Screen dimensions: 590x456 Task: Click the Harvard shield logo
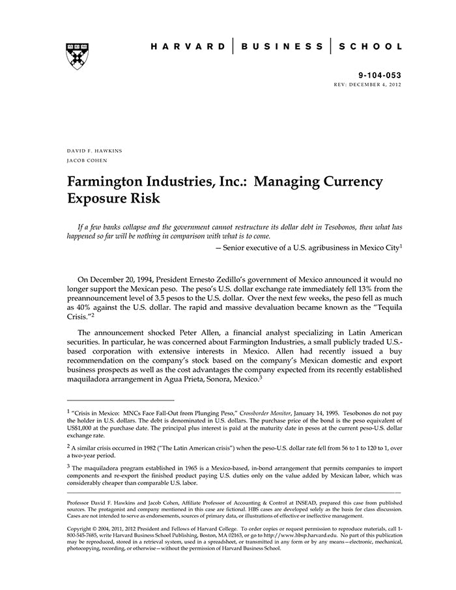(78, 56)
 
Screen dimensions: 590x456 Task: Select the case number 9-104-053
(380, 76)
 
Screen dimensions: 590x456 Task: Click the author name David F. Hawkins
(94, 150)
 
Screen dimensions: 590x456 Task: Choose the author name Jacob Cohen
(87, 160)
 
